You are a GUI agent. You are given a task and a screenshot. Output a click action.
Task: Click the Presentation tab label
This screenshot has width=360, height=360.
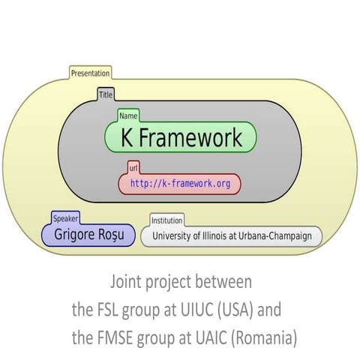(90, 73)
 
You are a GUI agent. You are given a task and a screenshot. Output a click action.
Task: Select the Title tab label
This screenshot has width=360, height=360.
(106, 95)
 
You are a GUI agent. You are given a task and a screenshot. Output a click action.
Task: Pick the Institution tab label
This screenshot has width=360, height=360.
(166, 220)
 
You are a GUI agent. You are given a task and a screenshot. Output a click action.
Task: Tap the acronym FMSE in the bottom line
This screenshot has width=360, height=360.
(115, 338)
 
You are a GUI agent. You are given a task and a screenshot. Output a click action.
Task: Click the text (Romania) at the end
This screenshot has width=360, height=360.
(266, 338)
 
